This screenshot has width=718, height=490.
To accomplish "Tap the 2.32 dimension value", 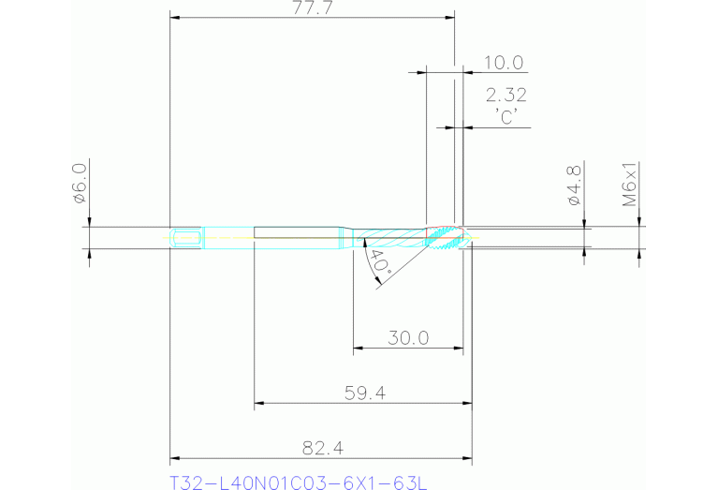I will tap(506, 95).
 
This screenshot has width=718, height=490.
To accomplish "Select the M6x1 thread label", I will tap(631, 184).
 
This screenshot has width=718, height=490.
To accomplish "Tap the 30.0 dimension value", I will tap(408, 338).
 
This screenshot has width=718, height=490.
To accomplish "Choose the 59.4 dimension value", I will tap(365, 393).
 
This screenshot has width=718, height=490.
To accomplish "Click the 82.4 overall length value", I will tap(319, 447).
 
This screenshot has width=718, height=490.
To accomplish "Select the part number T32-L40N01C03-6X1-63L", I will tap(298, 483).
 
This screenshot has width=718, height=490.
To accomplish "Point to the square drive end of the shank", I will tap(185, 238).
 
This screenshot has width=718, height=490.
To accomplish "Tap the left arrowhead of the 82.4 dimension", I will tap(174, 458).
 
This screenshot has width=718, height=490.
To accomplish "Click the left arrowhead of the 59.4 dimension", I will tap(260, 404).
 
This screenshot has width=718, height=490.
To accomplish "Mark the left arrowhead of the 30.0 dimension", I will tap(357, 349).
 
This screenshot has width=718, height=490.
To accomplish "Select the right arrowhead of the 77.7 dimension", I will tap(449, 17).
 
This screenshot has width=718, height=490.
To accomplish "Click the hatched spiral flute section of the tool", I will tap(393, 238).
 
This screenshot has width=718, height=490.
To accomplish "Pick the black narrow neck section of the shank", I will tap(296, 238).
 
